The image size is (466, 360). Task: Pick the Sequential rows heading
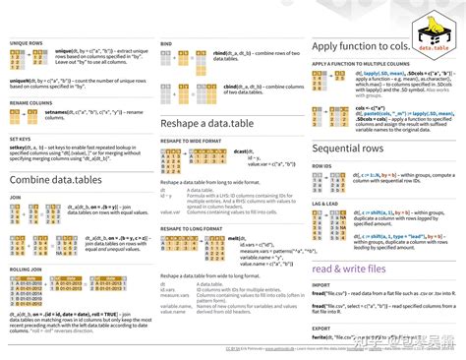[355, 148]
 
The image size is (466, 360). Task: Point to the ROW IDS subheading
[321, 166]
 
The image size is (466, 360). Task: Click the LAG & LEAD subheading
[325, 202]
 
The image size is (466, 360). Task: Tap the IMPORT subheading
[320, 285]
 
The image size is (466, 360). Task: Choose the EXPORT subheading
[320, 328]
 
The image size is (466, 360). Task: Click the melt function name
[237, 238]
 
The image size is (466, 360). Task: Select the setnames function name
[57, 113]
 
